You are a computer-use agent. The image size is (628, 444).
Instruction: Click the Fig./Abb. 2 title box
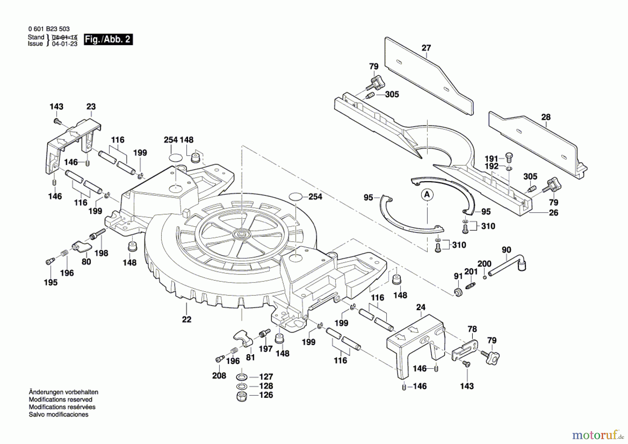108,39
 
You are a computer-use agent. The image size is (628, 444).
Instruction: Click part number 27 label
426,48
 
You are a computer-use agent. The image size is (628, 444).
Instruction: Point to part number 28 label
546,117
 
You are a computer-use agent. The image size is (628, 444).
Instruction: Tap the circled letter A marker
427,195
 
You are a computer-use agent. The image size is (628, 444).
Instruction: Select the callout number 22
187,319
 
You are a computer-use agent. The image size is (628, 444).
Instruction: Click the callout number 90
506,250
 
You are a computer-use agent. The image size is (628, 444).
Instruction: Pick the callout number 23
91,107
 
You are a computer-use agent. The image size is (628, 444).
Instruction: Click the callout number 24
421,307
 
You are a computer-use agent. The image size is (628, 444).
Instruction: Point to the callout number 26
554,213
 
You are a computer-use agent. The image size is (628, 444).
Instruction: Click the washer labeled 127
242,377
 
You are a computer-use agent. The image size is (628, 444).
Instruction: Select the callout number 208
219,376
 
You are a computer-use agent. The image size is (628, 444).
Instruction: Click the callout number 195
51,282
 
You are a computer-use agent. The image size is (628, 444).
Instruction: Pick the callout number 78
472,329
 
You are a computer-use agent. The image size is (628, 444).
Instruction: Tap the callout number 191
491,159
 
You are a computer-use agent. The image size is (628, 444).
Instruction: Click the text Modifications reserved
61,400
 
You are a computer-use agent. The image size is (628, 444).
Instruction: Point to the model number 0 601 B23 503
49,29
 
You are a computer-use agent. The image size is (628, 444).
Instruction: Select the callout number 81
251,357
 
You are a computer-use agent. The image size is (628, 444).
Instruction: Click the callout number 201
471,272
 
